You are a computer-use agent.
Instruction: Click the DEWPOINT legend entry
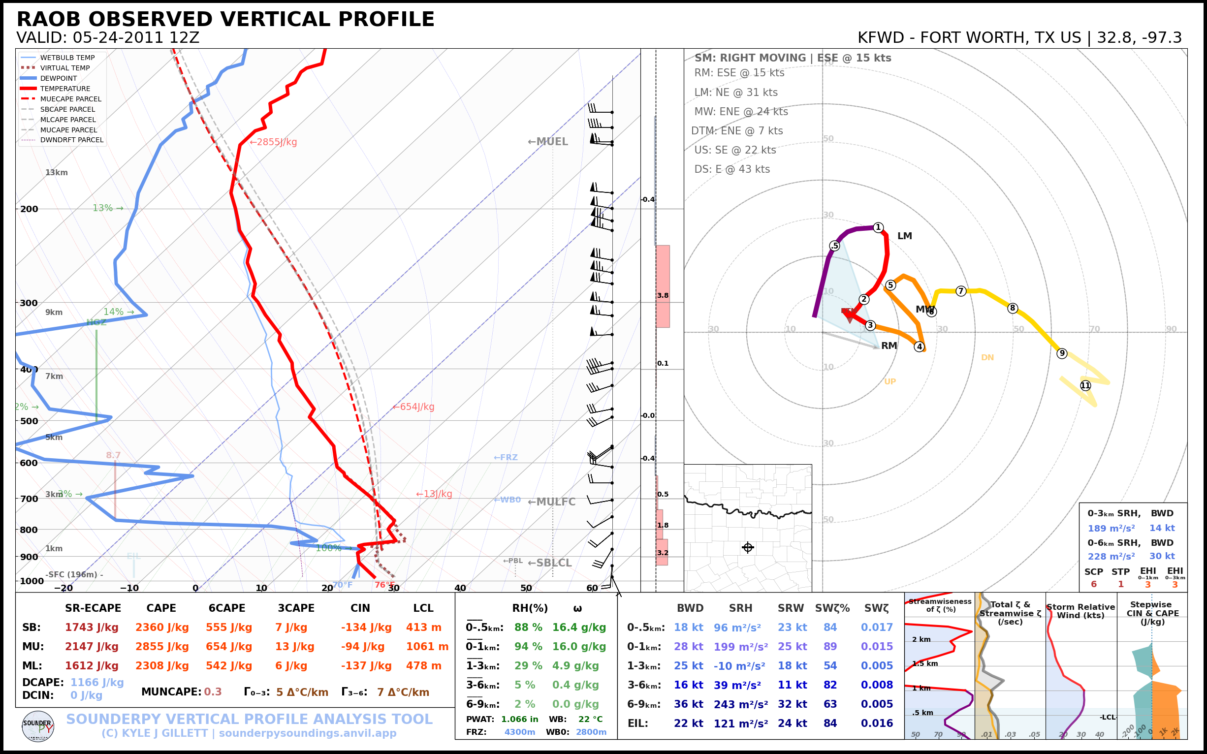click(59, 78)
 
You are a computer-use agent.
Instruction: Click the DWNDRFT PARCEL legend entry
click(71, 140)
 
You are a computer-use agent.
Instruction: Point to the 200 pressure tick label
click(29, 209)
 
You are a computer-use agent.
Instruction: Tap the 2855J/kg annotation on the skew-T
click(273, 142)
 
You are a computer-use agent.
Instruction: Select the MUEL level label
click(548, 142)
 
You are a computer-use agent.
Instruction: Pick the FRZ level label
click(506, 457)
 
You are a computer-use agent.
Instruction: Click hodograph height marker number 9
click(1062, 353)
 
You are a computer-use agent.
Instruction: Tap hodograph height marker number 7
click(960, 291)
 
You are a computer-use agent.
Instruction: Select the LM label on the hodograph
click(904, 236)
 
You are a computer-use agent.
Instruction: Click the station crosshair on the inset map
click(748, 548)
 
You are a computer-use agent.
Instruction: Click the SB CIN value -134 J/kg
click(366, 628)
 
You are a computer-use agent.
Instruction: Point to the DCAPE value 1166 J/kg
click(97, 682)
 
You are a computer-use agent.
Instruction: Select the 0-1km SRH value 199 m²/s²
click(740, 647)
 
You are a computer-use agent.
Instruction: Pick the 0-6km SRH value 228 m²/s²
click(1111, 556)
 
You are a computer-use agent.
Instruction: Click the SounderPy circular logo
click(38, 726)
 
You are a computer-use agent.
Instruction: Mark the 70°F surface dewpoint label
click(342, 585)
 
